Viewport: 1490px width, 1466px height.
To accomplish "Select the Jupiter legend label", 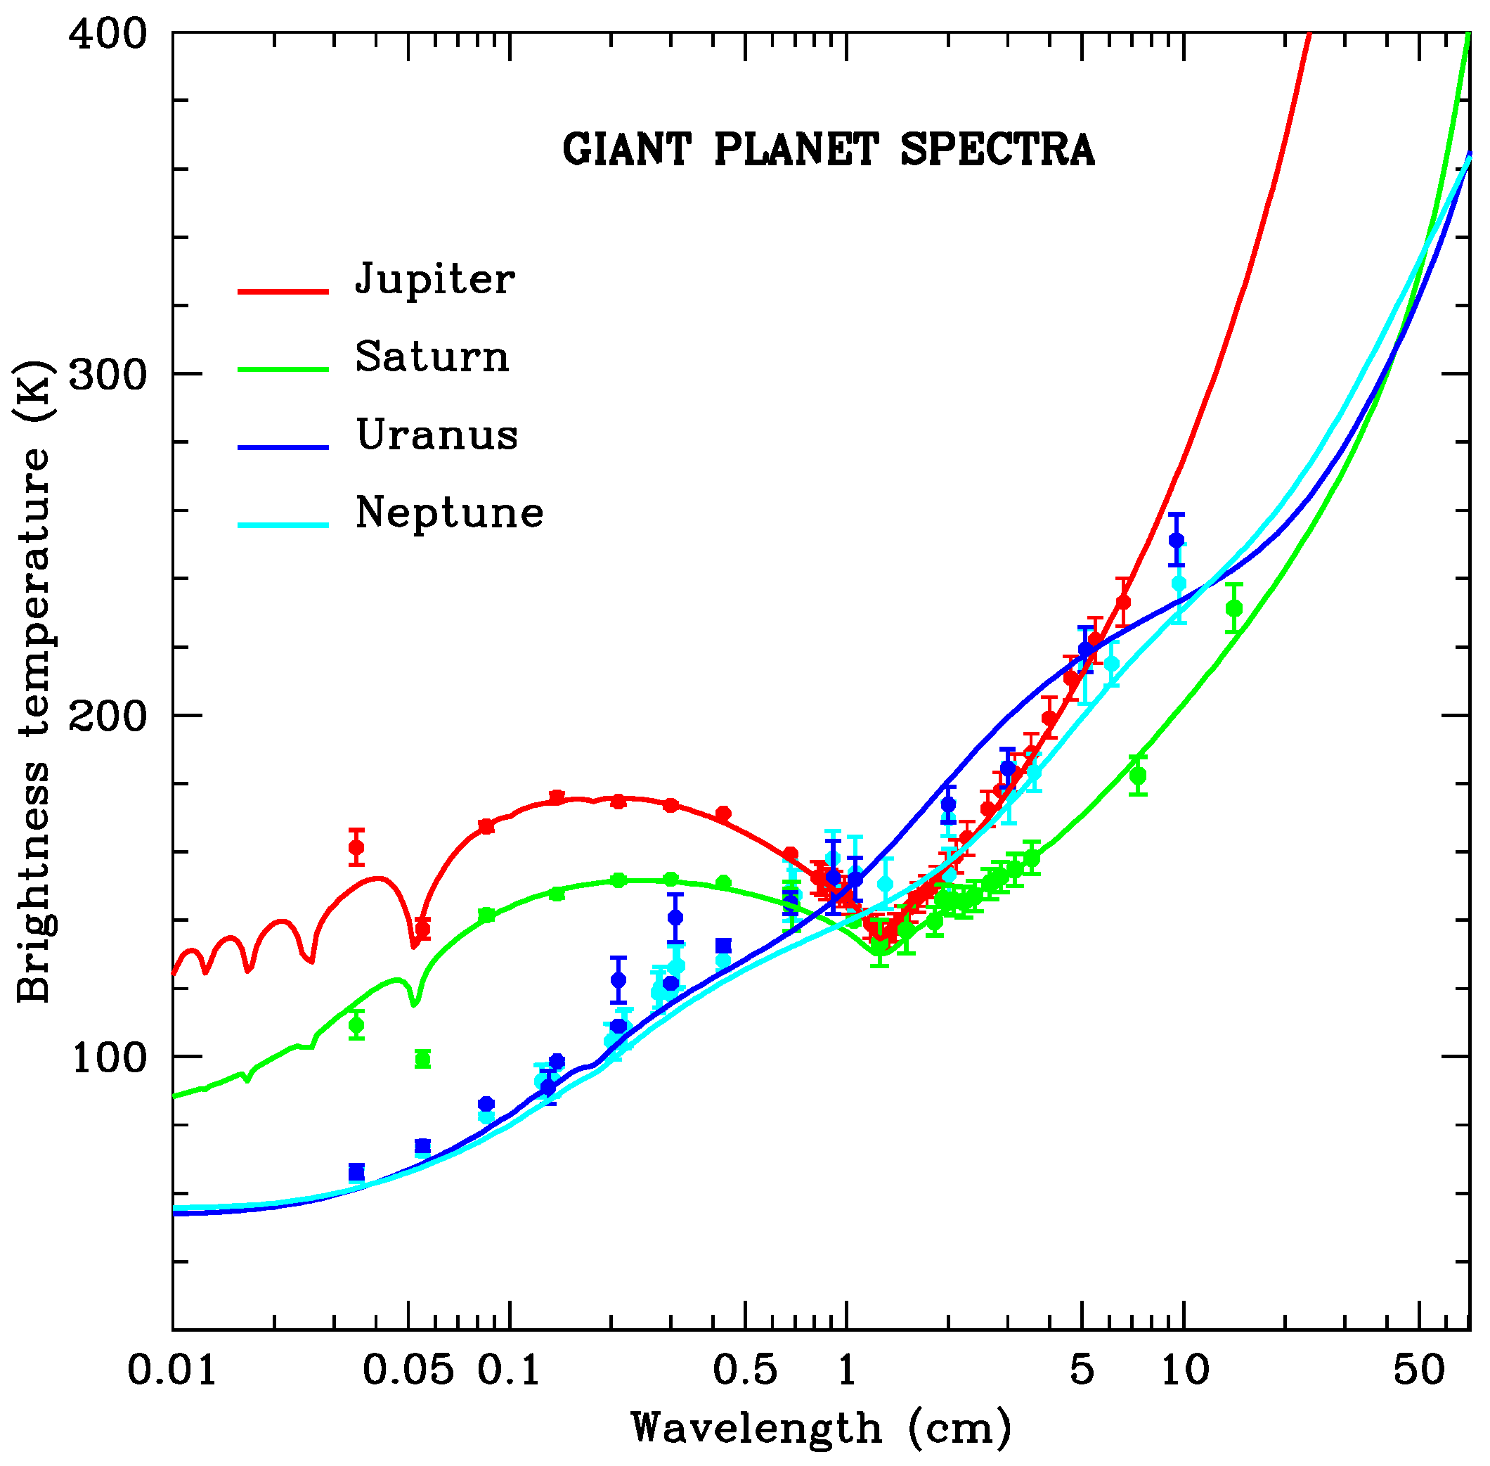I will point(435,278).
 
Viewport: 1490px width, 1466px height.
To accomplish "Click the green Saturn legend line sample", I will point(283,369).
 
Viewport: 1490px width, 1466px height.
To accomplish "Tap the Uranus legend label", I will point(437,435).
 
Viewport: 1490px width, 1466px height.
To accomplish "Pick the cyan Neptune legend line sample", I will point(283,525).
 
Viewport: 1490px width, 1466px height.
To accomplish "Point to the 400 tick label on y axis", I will point(107,34).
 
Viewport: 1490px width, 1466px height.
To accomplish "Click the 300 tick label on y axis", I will point(107,375).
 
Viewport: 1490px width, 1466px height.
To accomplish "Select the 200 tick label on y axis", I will point(107,716).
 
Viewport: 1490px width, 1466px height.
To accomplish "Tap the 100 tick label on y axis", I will point(108,1058).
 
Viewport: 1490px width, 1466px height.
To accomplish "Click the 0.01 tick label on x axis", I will point(172,1370).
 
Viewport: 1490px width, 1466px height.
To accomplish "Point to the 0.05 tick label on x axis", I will point(408,1370).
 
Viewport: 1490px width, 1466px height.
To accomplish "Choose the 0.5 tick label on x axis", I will point(745,1370).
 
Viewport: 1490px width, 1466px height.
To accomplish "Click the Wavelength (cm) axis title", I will point(821,1428).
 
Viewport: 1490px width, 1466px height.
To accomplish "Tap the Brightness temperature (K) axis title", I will point(34,681).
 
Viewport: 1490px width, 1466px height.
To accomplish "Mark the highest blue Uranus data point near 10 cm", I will point(1176,541).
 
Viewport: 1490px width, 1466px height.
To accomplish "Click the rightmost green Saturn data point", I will point(1233,608).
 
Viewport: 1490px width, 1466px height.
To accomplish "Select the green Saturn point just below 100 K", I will point(422,1060).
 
